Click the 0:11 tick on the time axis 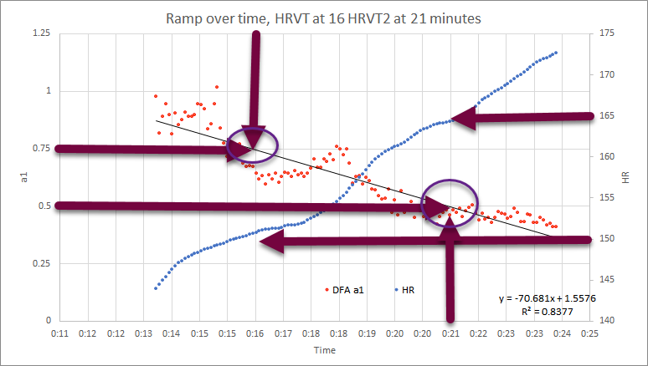pyautogui.click(x=59, y=333)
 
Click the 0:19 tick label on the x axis pyautogui.click(x=367, y=333)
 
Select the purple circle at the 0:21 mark pyautogui.click(x=450, y=201)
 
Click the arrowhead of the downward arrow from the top pyautogui.click(x=254, y=141)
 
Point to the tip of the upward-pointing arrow pyautogui.click(x=450, y=216)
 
